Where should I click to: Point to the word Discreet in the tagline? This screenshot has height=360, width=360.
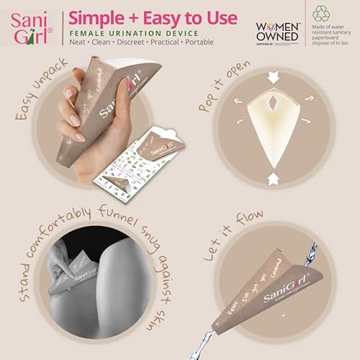click(137, 44)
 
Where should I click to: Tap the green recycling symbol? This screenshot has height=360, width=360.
click(322, 12)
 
